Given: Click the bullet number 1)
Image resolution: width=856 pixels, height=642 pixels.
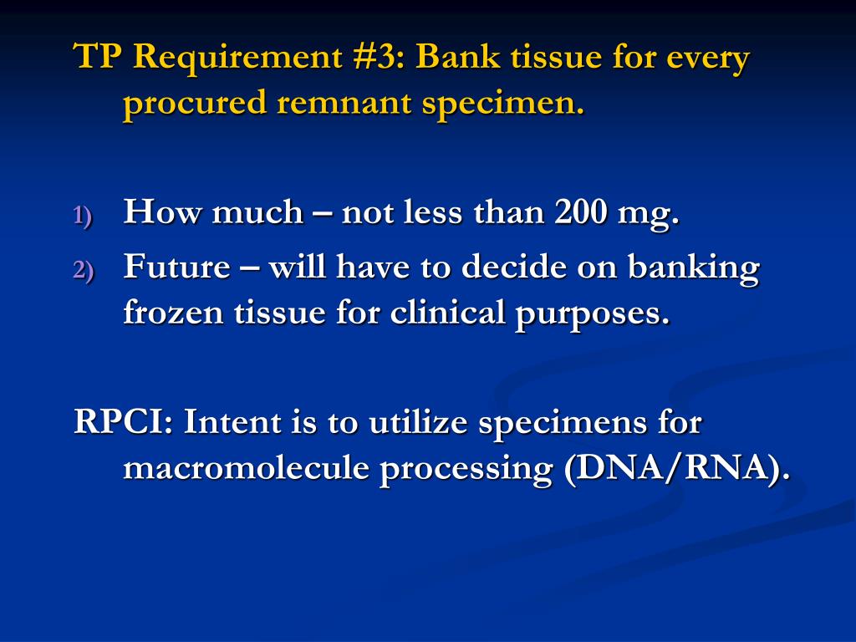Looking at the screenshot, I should point(84,216).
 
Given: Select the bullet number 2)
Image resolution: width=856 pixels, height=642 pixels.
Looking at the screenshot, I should point(84,270).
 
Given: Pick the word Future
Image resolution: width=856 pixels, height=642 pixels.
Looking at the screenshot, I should point(176,267).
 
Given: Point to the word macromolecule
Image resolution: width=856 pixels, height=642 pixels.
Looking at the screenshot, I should point(247,468).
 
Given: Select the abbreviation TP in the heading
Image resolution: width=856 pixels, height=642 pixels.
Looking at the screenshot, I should point(99,59).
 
